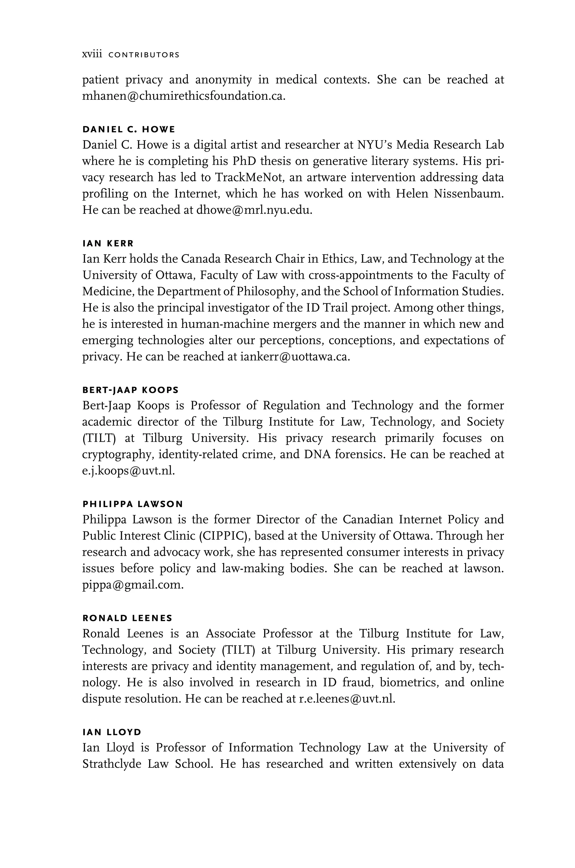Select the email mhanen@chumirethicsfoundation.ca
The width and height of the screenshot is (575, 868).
183,96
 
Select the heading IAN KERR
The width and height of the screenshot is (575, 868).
108,243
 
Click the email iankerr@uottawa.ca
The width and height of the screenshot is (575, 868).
295,356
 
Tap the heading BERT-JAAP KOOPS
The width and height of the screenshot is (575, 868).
131,390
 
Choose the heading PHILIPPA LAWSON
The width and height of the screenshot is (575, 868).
133,504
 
